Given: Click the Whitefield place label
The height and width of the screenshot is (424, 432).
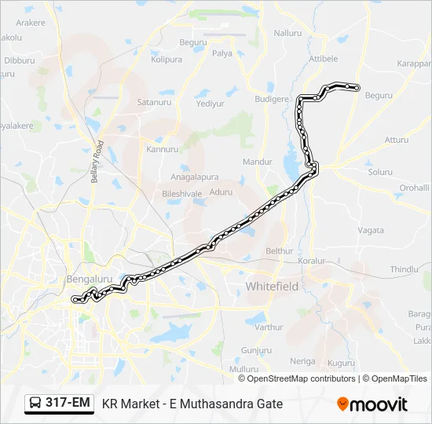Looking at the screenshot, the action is tap(272, 287).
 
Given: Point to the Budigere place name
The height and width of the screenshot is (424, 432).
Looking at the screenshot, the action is tap(272, 99).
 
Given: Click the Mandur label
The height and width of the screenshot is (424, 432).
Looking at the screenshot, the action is tap(258, 162).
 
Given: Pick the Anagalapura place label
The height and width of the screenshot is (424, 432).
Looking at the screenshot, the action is tap(200, 177).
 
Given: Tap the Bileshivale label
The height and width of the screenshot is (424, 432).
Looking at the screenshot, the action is tap(182, 192).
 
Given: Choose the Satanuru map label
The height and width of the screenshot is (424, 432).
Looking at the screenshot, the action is tap(155, 101).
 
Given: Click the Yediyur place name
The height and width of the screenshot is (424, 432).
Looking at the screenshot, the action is tap(210, 104).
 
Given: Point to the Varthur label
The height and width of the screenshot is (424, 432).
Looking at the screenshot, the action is tap(269, 327).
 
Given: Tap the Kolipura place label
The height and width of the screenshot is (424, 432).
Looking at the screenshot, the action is tap(167, 60).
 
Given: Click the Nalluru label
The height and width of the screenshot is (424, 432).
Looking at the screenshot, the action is tap(287, 33).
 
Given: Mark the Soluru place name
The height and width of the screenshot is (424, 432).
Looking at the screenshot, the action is tap(380, 172).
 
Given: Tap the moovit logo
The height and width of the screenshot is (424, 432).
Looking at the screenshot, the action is tap(372, 404).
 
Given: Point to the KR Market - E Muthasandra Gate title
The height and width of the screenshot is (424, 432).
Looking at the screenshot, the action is tap(192, 404).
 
